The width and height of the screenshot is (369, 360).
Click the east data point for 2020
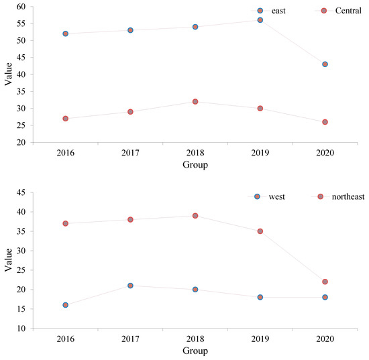pos(325,64)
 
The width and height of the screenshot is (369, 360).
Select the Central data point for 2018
pos(195,102)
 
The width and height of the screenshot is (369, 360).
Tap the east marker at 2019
pos(260,20)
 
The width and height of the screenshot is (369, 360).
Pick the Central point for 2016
pos(65,119)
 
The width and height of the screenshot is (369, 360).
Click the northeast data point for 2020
pos(325,282)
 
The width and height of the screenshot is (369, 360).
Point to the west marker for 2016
pos(65,305)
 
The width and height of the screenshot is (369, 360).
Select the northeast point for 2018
pos(195,216)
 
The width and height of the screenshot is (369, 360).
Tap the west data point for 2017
pos(130,286)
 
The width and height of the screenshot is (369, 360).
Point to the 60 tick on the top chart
pos(21,7)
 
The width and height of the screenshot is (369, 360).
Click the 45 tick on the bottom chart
pos(21,192)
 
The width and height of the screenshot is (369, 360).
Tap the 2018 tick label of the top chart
pos(195,153)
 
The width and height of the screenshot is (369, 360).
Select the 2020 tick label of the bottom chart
pos(325,339)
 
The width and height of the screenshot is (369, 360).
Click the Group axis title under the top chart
pos(195,164)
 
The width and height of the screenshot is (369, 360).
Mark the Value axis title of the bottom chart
pos(7,260)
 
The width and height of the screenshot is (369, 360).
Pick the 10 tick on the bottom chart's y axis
pos(21,328)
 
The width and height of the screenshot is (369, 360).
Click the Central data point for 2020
pos(325,122)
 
